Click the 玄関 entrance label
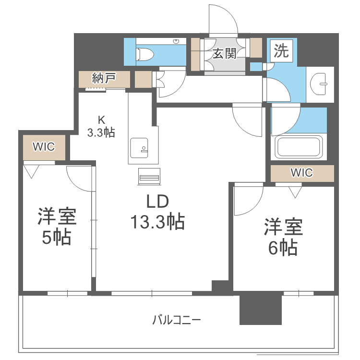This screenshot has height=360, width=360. [x=225, y=54]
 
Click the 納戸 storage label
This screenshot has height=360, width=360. [x=104, y=78]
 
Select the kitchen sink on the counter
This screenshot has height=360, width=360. [x=140, y=147]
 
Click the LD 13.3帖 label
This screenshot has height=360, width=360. [x=157, y=211]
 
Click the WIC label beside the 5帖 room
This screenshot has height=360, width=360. [x=44, y=146]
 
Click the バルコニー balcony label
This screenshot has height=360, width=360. [x=177, y=319]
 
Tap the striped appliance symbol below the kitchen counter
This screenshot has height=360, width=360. [x=148, y=177]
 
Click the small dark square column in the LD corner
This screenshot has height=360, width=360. [x=221, y=287]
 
